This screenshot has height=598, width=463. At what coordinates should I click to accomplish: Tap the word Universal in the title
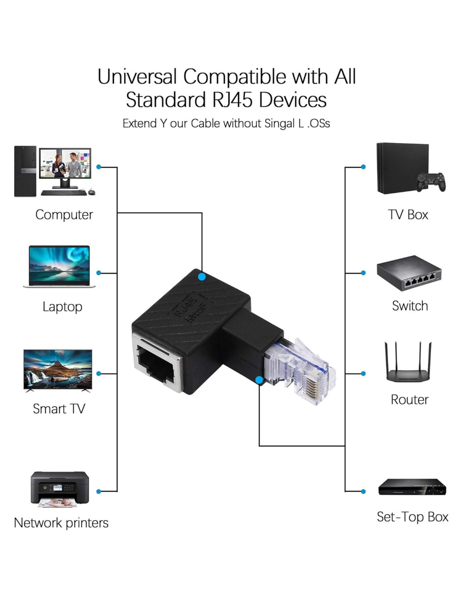tap(136, 77)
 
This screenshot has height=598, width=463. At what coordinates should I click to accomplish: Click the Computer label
tap(64, 214)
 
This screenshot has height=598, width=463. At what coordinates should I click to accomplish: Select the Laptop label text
tap(62, 307)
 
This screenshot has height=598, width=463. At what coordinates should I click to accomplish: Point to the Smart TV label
tap(59, 408)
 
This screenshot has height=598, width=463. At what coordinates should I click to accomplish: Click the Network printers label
tap(61, 523)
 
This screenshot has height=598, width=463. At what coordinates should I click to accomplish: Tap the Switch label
tap(410, 306)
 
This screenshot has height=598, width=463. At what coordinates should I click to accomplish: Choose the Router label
tap(409, 399)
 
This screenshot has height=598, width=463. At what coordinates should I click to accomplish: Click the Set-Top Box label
tap(412, 516)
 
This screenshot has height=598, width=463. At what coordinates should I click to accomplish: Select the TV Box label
tap(408, 214)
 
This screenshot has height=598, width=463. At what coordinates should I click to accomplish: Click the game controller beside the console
tap(431, 181)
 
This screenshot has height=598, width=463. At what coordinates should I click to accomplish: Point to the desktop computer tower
tap(25, 171)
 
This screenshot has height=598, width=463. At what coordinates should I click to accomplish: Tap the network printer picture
tap(59, 489)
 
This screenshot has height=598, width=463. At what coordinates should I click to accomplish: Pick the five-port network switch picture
tap(409, 274)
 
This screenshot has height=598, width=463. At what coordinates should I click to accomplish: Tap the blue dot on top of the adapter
tap(202, 277)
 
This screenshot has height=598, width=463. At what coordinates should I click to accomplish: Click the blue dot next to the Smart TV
tap(99, 373)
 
